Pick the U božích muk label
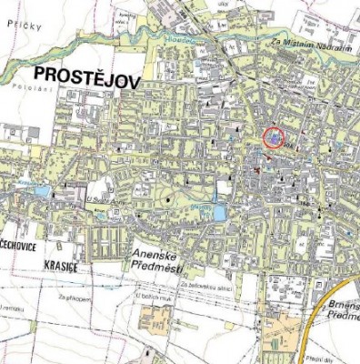click(151, 296)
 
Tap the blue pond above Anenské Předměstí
click(218, 212)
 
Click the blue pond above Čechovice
click(42, 191)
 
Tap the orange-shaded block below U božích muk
click(155, 320)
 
